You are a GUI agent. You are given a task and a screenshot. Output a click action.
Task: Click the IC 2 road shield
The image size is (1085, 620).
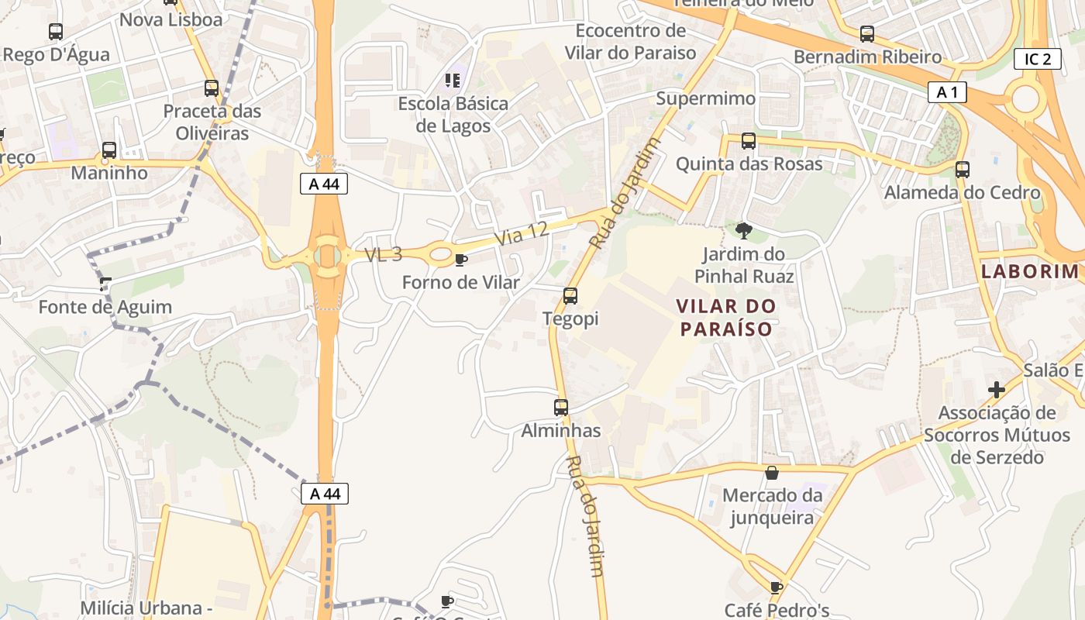(1037, 59)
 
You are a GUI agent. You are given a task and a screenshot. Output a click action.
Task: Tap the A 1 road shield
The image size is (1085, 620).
(947, 92)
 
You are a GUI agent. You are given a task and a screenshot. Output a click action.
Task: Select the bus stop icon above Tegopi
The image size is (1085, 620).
(570, 295)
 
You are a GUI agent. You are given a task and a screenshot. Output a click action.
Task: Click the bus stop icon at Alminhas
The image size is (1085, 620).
(561, 407)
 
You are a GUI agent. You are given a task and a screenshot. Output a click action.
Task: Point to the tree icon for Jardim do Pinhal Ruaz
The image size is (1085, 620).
(743, 230)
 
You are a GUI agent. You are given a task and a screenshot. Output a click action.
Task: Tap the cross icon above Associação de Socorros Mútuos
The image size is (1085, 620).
(997, 389)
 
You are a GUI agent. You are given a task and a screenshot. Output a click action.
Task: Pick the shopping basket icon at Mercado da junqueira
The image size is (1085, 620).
(772, 472)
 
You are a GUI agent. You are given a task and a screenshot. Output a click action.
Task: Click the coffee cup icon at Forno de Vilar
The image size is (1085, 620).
(461, 260)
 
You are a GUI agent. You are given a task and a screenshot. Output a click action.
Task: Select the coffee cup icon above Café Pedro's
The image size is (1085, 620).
(777, 587)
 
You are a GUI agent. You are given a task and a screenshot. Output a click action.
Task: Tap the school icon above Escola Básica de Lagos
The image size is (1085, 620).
(453, 80)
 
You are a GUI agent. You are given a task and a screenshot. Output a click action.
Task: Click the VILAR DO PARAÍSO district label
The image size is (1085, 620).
(726, 317)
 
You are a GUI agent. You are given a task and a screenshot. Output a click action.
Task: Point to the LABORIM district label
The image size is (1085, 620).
(1030, 271)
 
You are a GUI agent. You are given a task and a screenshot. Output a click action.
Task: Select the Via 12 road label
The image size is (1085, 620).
(522, 233)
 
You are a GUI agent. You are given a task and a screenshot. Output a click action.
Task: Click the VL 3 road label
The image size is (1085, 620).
(384, 254)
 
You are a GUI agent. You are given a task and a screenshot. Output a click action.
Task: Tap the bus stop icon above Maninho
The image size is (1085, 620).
(109, 150)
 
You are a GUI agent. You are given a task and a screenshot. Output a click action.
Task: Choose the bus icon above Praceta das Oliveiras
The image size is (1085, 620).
(212, 88)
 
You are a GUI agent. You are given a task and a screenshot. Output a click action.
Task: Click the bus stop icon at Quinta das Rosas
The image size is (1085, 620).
(749, 141)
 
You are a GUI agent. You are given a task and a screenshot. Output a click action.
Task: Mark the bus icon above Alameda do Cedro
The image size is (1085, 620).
(963, 170)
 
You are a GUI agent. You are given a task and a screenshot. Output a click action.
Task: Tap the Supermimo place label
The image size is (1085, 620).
(705, 98)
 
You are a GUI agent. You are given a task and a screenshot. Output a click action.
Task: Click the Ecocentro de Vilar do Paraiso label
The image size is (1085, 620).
(631, 42)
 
